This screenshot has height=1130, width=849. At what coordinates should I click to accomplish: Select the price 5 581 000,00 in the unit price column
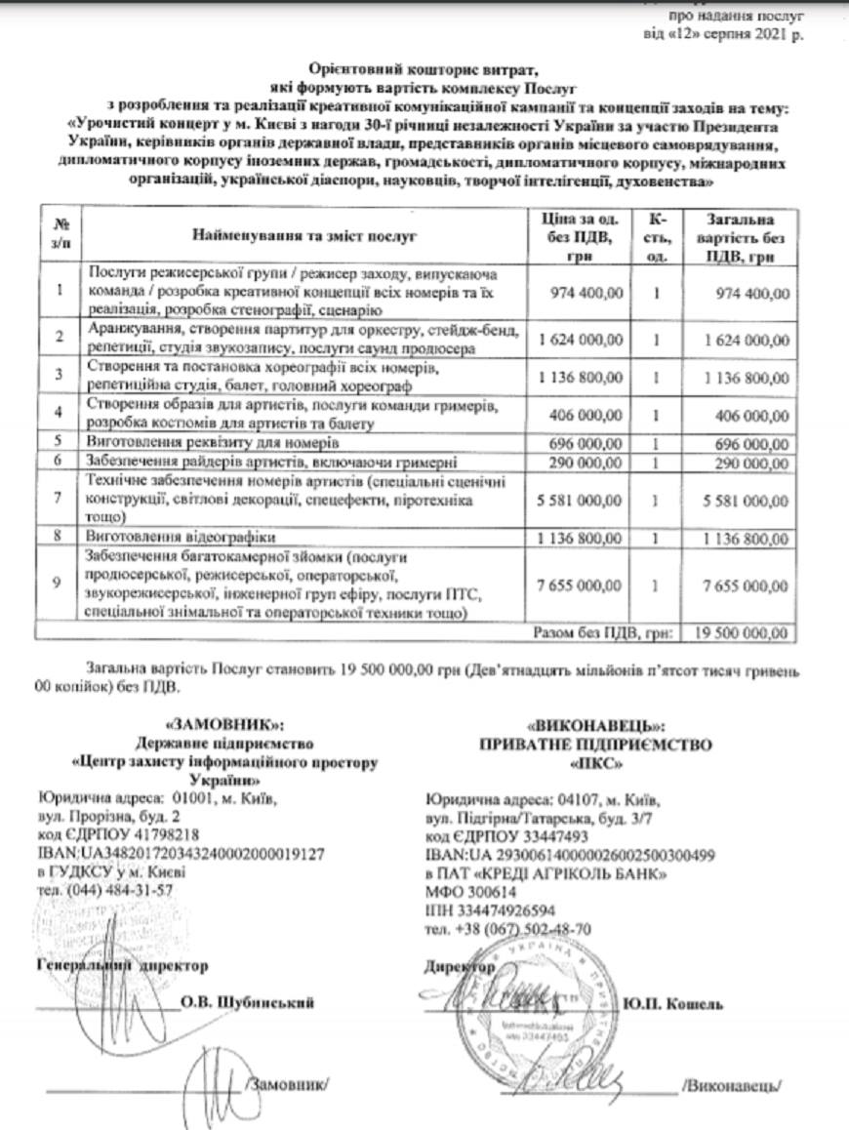(580, 501)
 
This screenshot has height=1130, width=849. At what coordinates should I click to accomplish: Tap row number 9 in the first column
(61, 584)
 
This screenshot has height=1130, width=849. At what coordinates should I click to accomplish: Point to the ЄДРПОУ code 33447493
(507, 837)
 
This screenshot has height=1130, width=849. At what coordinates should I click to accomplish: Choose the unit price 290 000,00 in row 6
(586, 459)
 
